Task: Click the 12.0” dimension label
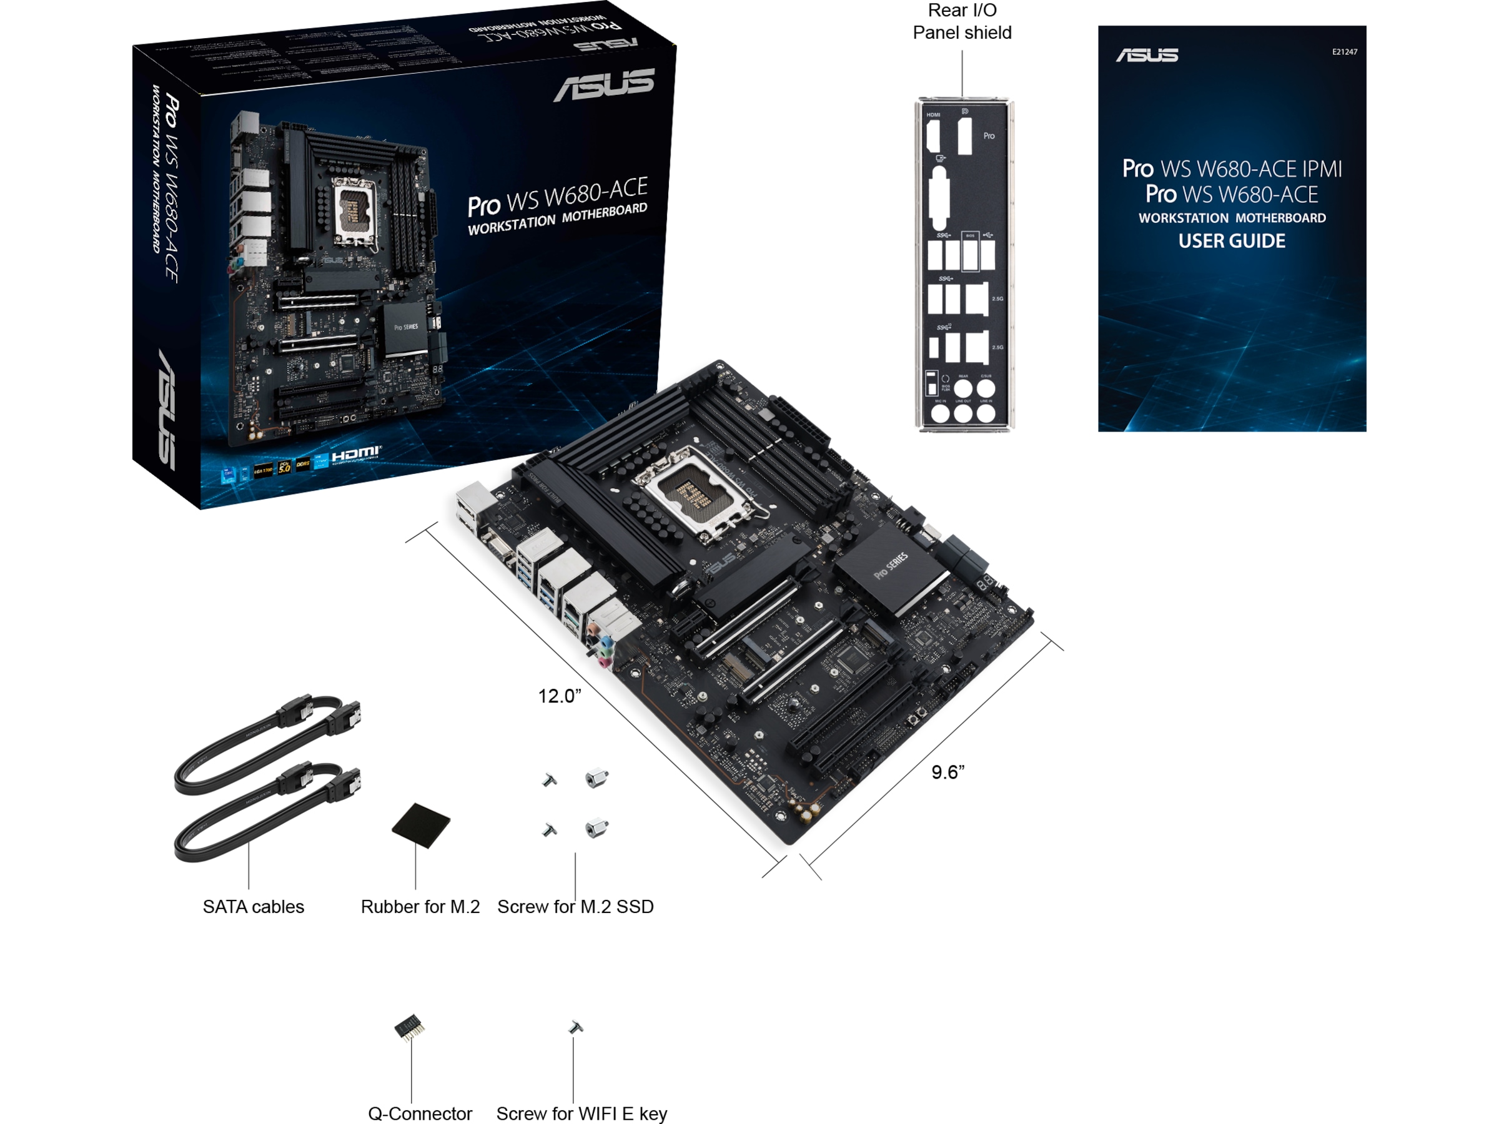(x=559, y=696)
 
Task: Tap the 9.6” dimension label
(x=947, y=772)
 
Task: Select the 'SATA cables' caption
(x=254, y=907)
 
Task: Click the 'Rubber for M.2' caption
(x=420, y=907)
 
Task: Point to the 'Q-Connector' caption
(x=420, y=1113)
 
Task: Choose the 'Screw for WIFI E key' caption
(x=581, y=1113)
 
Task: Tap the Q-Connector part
(x=410, y=1028)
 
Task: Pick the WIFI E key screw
(x=575, y=1027)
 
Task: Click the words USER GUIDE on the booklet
(x=1231, y=241)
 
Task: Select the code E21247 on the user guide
(x=1344, y=51)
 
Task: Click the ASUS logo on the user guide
(x=1147, y=55)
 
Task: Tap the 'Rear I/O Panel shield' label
(x=962, y=22)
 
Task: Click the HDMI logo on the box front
(x=357, y=453)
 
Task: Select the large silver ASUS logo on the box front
(x=605, y=85)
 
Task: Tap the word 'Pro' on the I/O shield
(x=989, y=136)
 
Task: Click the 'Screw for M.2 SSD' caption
(x=575, y=907)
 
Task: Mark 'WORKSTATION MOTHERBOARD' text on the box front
(x=557, y=219)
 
